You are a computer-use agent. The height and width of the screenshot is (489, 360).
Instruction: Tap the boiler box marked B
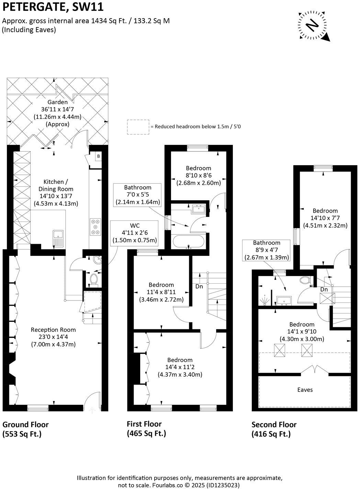pyautogui.click(x=99, y=156)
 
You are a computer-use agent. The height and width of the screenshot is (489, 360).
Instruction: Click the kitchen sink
pyautogui.click(x=58, y=239)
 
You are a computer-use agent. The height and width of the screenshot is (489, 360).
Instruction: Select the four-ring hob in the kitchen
pyautogui.click(x=95, y=227)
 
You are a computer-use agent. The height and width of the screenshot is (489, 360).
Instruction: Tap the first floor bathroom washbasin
pyautogui.click(x=199, y=209)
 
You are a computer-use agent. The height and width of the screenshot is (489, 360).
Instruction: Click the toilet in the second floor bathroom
pyautogui.click(x=304, y=280)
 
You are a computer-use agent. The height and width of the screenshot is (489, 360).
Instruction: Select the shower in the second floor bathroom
pyautogui.click(x=264, y=301)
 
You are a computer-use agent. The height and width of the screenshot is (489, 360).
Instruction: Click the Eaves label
pyautogui.click(x=305, y=389)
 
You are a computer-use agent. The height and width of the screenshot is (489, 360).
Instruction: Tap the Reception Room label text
pyautogui.click(x=53, y=330)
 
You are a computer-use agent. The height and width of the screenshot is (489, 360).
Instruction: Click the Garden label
pyautogui.click(x=57, y=102)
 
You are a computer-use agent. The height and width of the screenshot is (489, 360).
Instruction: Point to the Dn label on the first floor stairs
pyautogui.click(x=199, y=286)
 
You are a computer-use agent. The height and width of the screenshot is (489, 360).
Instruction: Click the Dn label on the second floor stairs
pyautogui.click(x=324, y=289)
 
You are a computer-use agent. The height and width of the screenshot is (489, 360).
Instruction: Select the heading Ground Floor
pyautogui.click(x=26, y=424)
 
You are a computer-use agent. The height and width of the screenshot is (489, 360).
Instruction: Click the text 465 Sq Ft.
pyautogui.click(x=146, y=433)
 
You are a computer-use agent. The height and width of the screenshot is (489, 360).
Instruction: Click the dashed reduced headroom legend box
pyautogui.click(x=138, y=127)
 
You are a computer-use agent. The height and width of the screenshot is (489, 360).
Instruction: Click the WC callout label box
pyautogui.click(x=135, y=233)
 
